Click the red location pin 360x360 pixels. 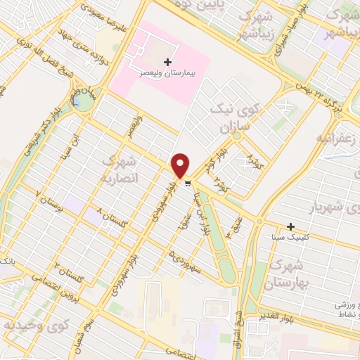click(181, 165)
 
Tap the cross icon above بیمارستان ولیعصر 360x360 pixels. click(167, 63)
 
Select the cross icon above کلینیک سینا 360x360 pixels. click(290, 226)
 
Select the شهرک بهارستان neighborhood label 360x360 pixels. click(284, 276)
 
